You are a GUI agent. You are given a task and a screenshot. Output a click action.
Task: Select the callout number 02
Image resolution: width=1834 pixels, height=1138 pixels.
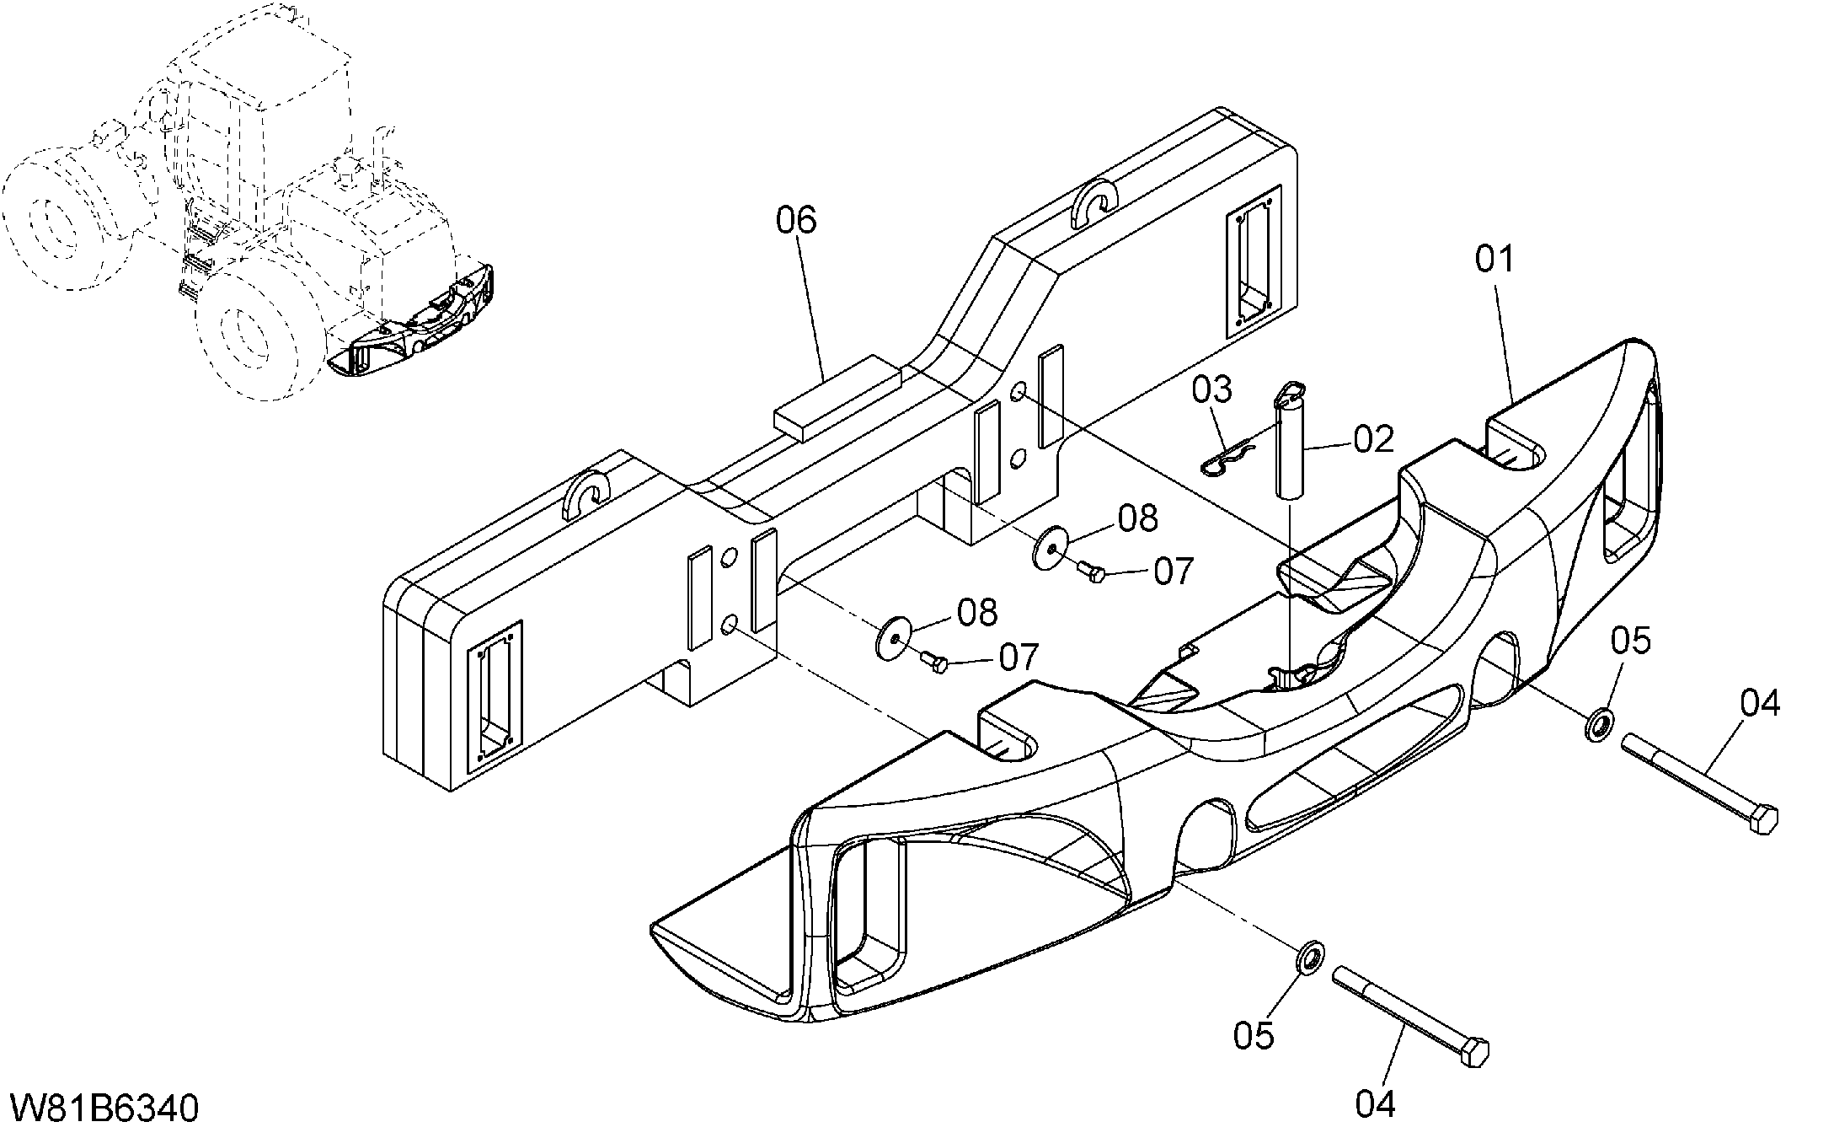pyautogui.click(x=1374, y=439)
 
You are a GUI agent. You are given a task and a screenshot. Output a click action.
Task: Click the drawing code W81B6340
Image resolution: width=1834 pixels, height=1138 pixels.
pyautogui.click(x=104, y=1108)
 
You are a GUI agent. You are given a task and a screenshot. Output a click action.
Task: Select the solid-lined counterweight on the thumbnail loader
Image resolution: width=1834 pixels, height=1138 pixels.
pyautogui.click(x=413, y=325)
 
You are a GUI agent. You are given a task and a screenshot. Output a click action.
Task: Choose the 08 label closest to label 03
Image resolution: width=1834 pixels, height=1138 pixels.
pyautogui.click(x=1138, y=518)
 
